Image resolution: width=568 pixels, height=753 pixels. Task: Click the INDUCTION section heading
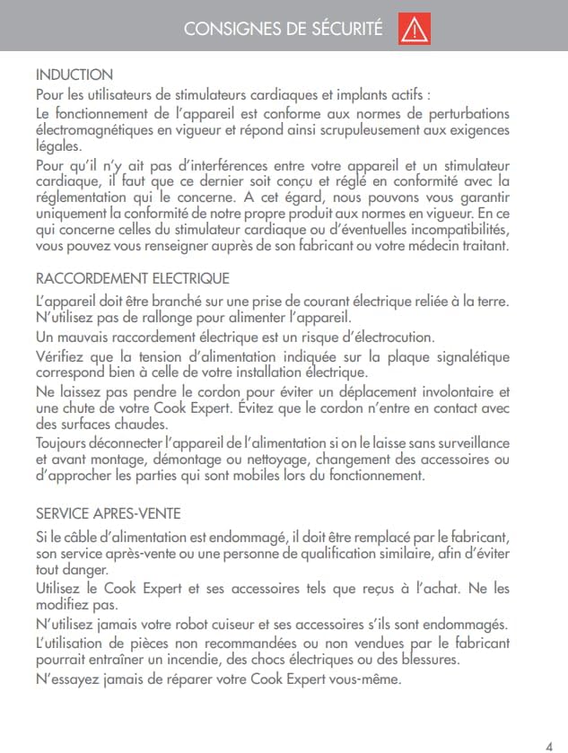[74, 74]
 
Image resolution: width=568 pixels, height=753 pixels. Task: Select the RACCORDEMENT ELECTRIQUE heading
[132, 279]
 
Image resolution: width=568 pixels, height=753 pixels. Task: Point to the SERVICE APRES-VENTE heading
[108, 514]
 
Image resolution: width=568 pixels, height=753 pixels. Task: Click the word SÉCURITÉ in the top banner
[345, 30]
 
